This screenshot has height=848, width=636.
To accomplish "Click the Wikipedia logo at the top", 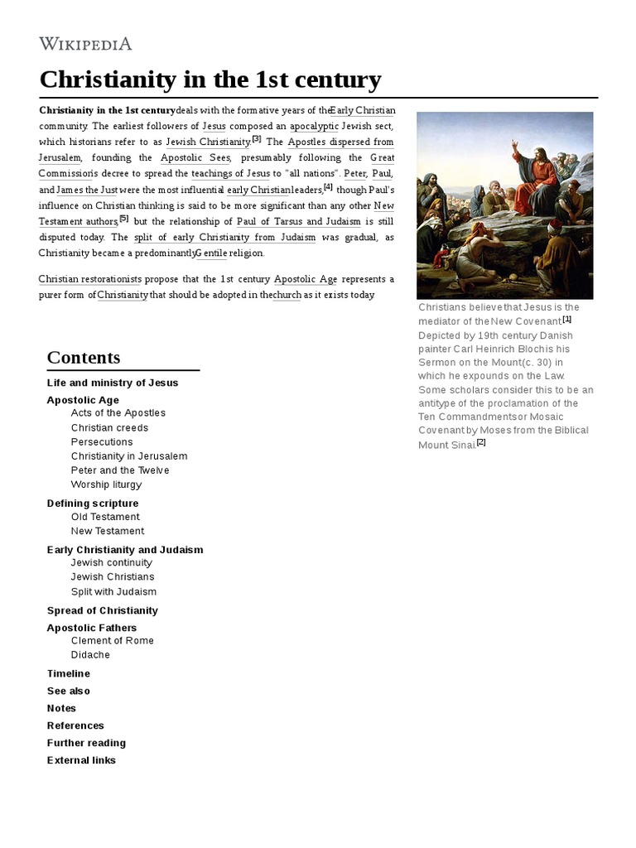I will click(86, 44).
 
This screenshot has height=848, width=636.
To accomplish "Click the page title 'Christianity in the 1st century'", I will click(210, 80).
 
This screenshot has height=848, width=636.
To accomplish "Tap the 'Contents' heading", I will click(84, 358).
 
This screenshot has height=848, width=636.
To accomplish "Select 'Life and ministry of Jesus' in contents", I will click(113, 383).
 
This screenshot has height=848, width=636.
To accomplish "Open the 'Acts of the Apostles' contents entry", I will click(118, 413).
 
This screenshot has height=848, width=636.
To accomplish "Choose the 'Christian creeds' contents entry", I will click(109, 428).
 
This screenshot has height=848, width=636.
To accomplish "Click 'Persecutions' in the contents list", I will click(102, 442).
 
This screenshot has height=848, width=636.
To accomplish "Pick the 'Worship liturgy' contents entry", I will click(106, 485).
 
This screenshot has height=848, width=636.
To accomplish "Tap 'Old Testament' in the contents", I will click(105, 518).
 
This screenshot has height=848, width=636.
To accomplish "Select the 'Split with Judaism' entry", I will click(113, 592).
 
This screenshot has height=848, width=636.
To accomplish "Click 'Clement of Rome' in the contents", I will click(113, 641).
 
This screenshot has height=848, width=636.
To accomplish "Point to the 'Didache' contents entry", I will click(90, 655).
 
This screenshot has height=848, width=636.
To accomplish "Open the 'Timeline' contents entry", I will click(69, 674).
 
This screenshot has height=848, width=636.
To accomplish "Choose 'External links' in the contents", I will click(81, 760).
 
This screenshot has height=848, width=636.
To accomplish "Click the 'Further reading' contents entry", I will click(86, 743).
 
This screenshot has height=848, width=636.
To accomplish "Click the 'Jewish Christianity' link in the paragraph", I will click(208, 142).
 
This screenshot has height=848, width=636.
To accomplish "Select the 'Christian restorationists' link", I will click(90, 279).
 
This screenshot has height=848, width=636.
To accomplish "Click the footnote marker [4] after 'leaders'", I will click(329, 186).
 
